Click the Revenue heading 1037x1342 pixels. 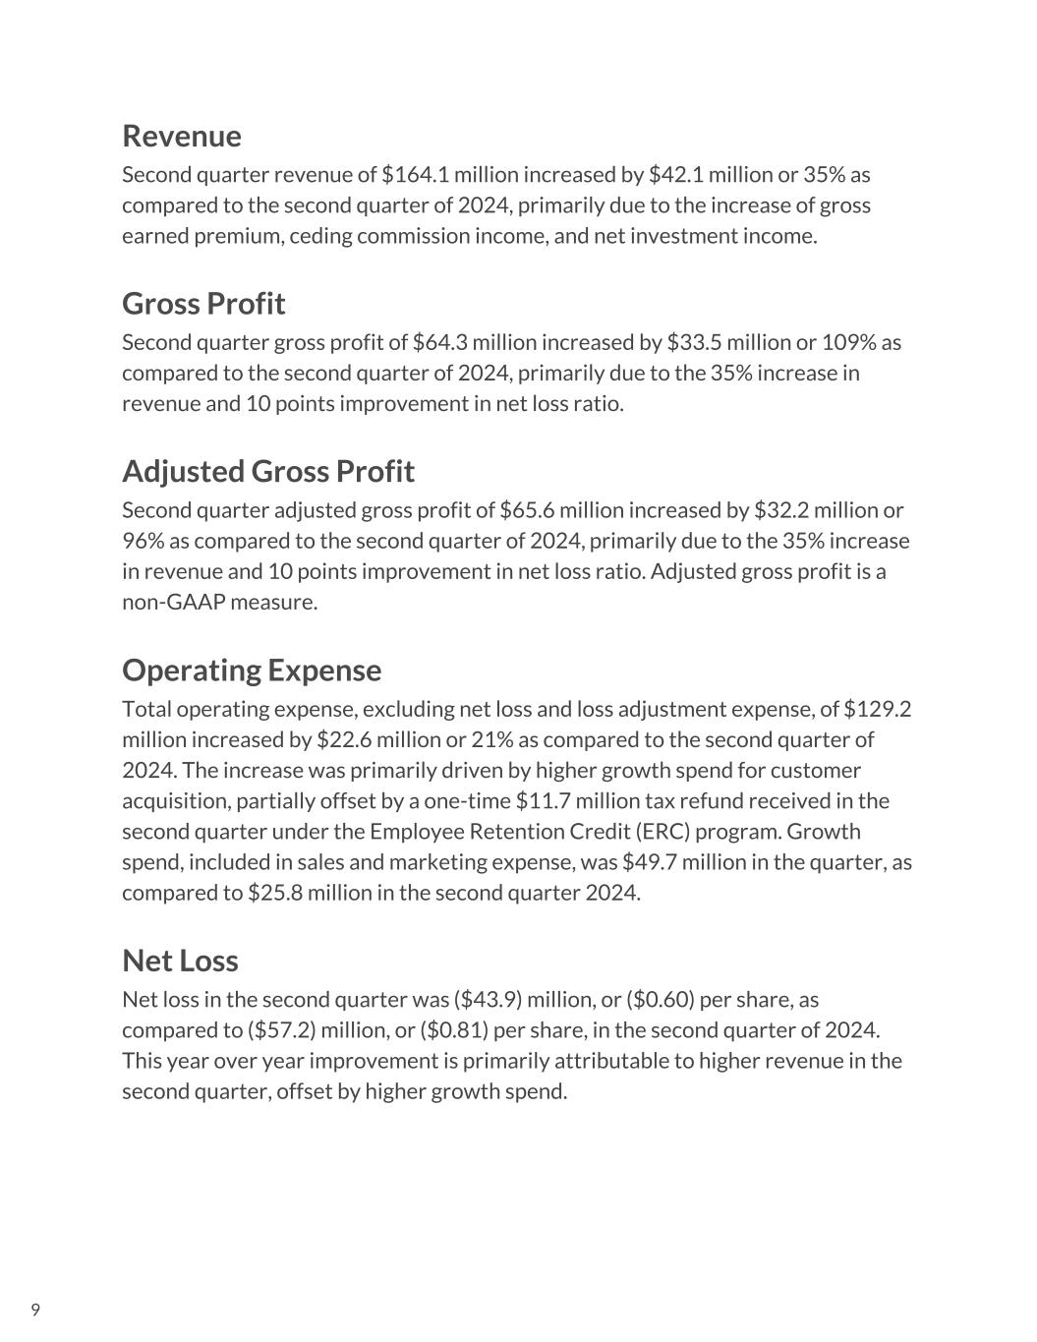pyautogui.click(x=181, y=136)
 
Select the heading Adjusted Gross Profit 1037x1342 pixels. pyautogui.click(x=267, y=472)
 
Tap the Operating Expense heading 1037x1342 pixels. pyautogui.click(x=251, y=671)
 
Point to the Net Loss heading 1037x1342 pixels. pyautogui.click(x=180, y=961)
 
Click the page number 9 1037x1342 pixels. pyautogui.click(x=35, y=1310)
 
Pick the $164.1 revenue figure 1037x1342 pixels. pyautogui.click(x=415, y=175)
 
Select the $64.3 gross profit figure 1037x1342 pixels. pyautogui.click(x=441, y=343)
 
